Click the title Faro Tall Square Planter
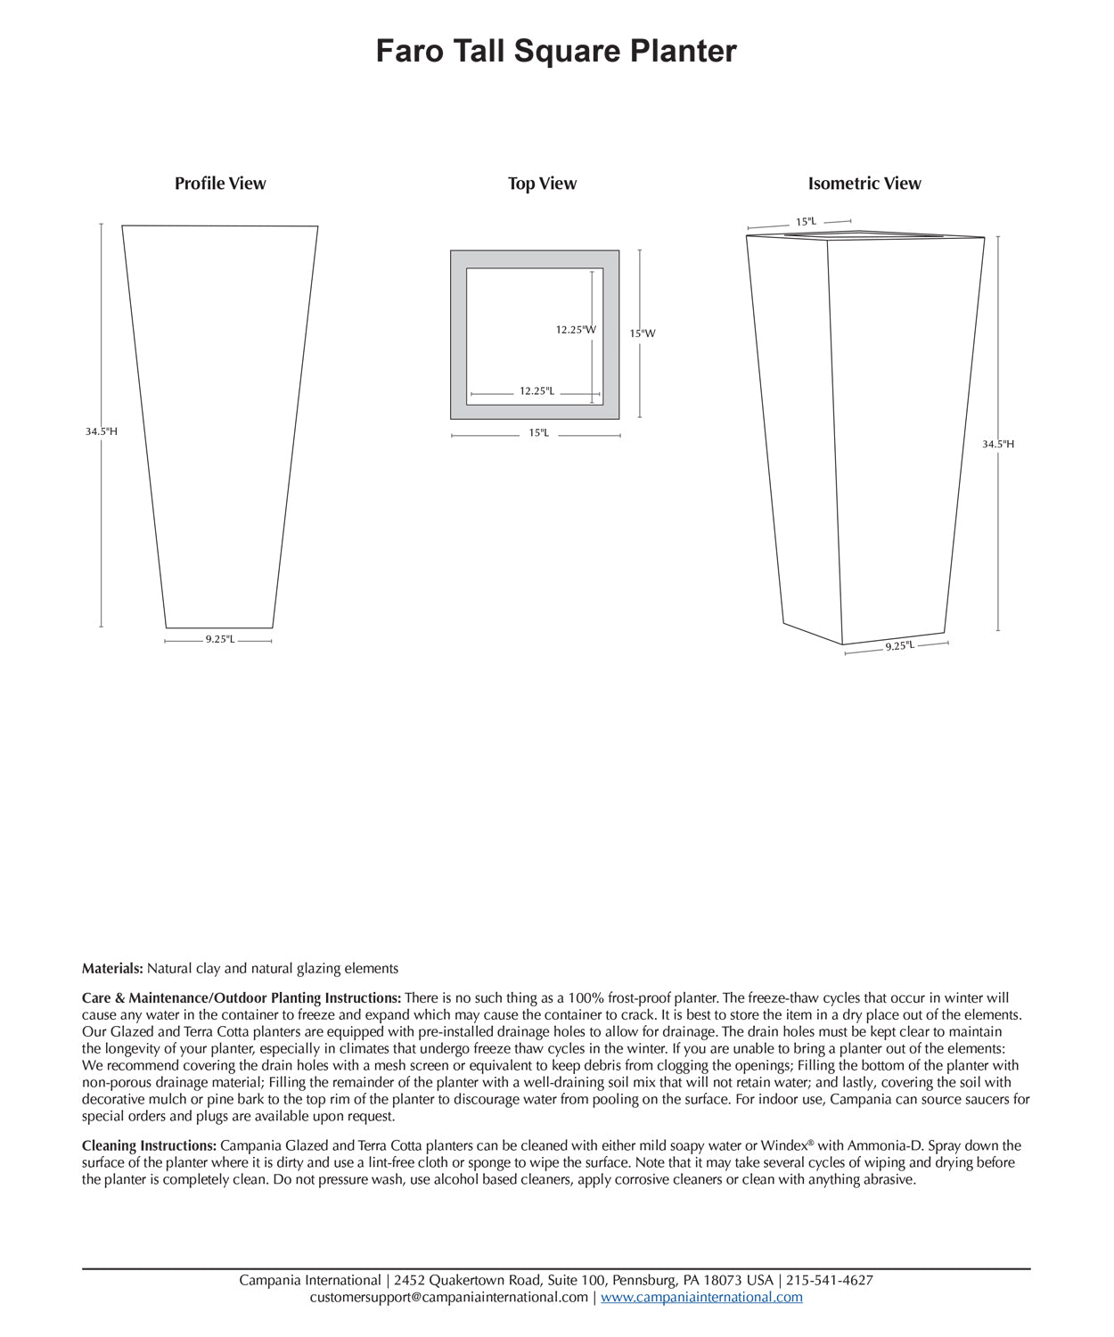coord(556,51)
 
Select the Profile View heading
coord(220,184)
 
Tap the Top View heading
coord(542,184)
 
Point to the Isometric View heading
coord(864,184)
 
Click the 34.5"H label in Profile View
coord(101,431)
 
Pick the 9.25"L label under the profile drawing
coord(219,639)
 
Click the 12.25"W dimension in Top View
coord(576,330)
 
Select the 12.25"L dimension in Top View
coord(537,391)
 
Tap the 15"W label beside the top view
coord(643,333)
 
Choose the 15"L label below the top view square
coord(538,433)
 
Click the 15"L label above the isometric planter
coord(806,221)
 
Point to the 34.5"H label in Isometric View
coord(998,444)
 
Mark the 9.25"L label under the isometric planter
coord(899,646)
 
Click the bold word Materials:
coord(112,968)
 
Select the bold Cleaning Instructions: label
coord(149,1145)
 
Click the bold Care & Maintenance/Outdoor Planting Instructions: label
coord(242,998)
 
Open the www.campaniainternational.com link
coord(701,1297)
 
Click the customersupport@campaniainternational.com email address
coord(448,1297)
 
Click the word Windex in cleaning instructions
coord(783,1145)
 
